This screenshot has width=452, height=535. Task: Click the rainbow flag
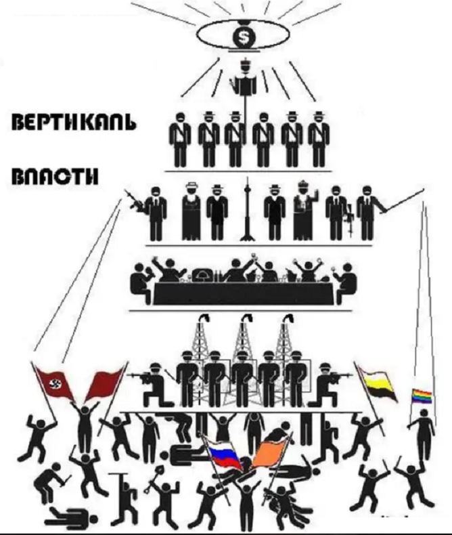coord(420,395)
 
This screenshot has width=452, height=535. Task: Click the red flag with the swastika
coord(53,385)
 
